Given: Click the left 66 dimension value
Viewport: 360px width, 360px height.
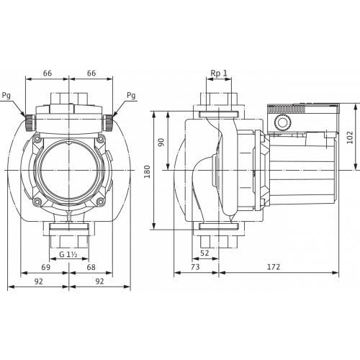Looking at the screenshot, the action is [x=48, y=73].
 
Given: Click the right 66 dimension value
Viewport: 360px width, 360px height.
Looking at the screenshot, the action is [x=91, y=73].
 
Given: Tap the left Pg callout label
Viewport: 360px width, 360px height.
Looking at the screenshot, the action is [x=6, y=96].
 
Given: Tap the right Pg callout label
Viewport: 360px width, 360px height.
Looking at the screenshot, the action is [x=131, y=96].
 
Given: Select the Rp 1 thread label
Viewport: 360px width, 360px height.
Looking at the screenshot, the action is [x=219, y=73].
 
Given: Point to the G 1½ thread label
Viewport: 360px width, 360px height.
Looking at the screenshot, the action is [x=68, y=254].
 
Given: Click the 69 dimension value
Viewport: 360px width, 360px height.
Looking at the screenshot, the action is [x=45, y=267].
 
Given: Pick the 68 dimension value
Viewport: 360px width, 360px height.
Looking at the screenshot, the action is [x=91, y=267].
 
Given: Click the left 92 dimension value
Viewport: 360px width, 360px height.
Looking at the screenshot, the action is [x=38, y=282].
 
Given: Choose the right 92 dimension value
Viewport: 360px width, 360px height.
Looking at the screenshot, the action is [x=99, y=282].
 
